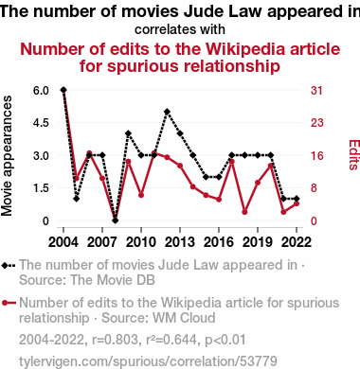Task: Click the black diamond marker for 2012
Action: click(x=167, y=112)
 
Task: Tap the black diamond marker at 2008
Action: click(x=116, y=220)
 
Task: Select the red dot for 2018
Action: click(x=244, y=212)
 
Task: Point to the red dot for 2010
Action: click(x=141, y=195)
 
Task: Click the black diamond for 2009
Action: click(x=128, y=133)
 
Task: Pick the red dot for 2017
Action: click(x=232, y=162)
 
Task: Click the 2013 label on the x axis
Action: click(x=180, y=242)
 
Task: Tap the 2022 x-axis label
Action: click(x=297, y=242)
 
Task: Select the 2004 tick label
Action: click(x=63, y=242)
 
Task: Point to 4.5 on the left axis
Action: click(x=41, y=123)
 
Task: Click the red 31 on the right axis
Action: click(x=316, y=91)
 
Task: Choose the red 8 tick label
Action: click(x=314, y=188)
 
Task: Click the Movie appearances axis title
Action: click(x=7, y=156)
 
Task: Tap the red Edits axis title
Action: click(x=353, y=155)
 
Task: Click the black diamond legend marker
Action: click(x=9, y=266)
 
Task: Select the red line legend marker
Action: click(x=9, y=303)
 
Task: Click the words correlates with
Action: click(x=180, y=29)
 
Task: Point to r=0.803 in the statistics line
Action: click(x=116, y=340)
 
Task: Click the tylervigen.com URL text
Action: click(x=148, y=361)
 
